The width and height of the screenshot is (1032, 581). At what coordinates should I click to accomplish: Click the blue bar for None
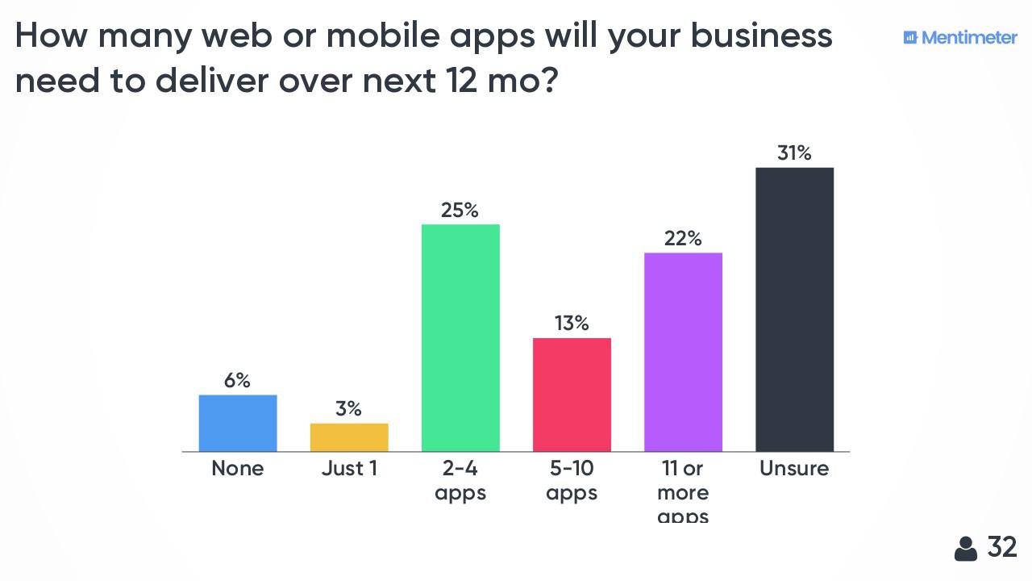pyautogui.click(x=238, y=423)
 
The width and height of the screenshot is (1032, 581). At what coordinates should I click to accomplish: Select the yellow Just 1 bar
pyautogui.click(x=349, y=437)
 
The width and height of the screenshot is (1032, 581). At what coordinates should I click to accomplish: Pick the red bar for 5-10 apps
pyautogui.click(x=572, y=395)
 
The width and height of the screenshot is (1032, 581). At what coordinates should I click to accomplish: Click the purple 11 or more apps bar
pyautogui.click(x=683, y=352)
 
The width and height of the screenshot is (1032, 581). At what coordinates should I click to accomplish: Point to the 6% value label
pyautogui.click(x=237, y=381)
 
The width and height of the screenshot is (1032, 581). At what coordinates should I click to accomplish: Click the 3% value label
pyautogui.click(x=348, y=409)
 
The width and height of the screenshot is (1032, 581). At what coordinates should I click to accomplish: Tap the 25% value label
pyautogui.click(x=460, y=211)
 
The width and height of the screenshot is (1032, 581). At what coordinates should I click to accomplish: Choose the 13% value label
pyautogui.click(x=572, y=324)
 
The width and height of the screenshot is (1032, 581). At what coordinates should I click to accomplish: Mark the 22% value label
pyautogui.click(x=683, y=239)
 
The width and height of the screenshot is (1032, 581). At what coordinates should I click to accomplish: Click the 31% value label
pyautogui.click(x=794, y=153)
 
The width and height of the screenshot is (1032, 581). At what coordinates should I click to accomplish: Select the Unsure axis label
pyautogui.click(x=794, y=469)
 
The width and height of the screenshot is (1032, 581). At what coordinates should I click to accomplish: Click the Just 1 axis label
pyautogui.click(x=349, y=469)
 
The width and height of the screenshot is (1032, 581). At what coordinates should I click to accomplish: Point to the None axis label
pyautogui.click(x=238, y=469)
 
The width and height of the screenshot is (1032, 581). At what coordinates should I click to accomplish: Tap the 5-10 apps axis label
pyautogui.click(x=572, y=480)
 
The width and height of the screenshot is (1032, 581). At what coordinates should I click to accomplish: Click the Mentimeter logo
pyautogui.click(x=960, y=37)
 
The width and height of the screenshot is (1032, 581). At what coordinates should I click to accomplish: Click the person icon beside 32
pyautogui.click(x=965, y=549)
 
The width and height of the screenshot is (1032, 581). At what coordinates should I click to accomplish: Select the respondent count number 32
pyautogui.click(x=1002, y=547)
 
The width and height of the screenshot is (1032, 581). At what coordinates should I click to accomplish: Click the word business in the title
pyautogui.click(x=761, y=36)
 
